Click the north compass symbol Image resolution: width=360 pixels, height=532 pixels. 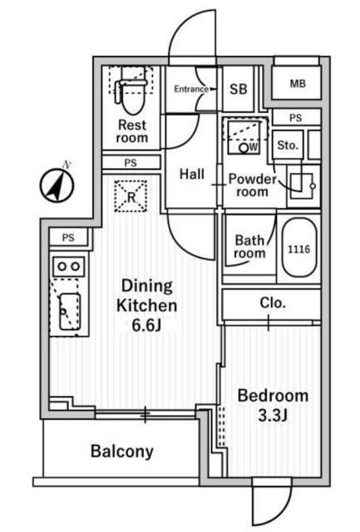tap(57, 185)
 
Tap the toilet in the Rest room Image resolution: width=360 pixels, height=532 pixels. tap(132, 95)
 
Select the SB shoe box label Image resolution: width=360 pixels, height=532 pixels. tap(238, 89)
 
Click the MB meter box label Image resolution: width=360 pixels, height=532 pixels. tap(298, 83)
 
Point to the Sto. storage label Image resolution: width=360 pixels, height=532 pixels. tap(288, 145)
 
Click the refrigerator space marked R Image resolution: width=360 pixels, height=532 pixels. tap(131, 196)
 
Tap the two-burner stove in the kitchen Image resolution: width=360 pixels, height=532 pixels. tap(69, 266)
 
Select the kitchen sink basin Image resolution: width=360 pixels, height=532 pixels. tap(70, 312)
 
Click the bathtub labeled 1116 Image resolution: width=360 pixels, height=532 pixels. tap(299, 248)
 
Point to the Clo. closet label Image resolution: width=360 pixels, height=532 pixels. tap(273, 303)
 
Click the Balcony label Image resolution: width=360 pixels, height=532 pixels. tap(122, 451)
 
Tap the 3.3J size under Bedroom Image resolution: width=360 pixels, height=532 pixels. tap(273, 416)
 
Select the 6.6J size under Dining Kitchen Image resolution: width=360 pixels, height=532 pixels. tap(145, 325)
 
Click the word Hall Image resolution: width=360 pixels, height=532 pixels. tap(192, 174)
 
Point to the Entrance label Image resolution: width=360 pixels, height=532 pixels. tap(191, 89)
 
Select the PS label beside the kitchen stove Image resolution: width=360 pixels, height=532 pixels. tap(68, 238)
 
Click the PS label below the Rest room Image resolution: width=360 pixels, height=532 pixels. tap(131, 163)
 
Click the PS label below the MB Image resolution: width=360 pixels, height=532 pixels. tap(295, 118)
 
